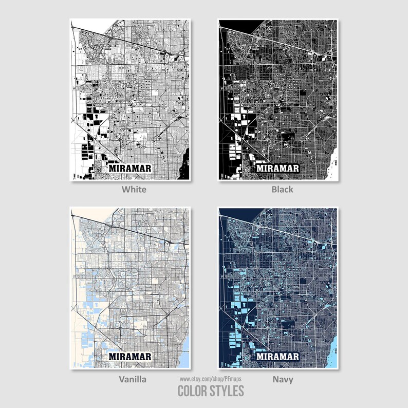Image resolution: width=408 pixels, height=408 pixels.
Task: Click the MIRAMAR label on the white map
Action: point(129,168)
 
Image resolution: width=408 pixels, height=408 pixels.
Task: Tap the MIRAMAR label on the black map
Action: point(278,168)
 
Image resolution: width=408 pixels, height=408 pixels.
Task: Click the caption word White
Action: point(134,189)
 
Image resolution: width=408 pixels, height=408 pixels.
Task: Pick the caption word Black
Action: point(282,189)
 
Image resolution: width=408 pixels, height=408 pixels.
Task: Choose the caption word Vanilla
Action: point(133,379)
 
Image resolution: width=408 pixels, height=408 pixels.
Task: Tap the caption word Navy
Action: point(282,379)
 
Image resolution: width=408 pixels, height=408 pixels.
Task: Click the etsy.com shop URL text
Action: point(210,379)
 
